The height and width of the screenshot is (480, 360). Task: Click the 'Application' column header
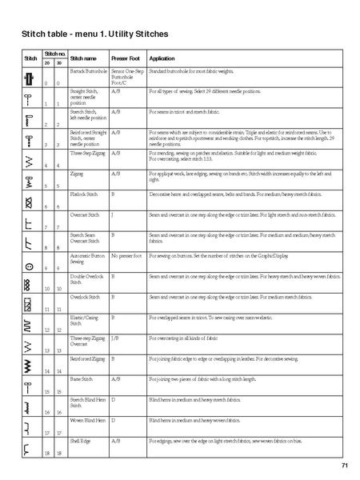[x=162, y=59]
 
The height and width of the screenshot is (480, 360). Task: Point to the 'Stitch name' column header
[x=83, y=59]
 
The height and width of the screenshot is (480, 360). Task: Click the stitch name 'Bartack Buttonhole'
[x=87, y=71]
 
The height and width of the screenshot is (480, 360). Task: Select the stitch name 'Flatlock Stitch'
[x=84, y=194]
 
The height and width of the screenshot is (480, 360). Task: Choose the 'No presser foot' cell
[x=126, y=256]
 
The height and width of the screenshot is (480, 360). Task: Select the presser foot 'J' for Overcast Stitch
[x=112, y=214]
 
